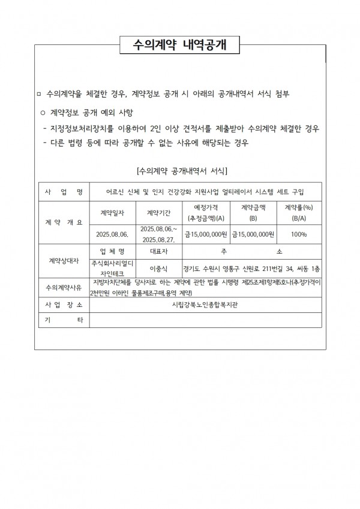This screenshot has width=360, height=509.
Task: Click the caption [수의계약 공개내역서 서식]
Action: pos(182,171)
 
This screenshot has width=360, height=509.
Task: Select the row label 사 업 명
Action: pos(63,192)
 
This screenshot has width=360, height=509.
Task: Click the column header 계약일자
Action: pos(113,212)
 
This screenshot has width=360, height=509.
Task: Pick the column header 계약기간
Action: pos(159,212)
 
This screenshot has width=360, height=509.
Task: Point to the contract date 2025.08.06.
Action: pos(113,233)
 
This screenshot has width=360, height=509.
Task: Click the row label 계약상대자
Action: pos(63,261)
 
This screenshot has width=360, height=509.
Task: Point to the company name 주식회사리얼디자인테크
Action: pos(113,267)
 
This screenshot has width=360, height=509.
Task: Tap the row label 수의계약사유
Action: pos(63,287)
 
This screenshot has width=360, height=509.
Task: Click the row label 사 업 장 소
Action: pos(63,305)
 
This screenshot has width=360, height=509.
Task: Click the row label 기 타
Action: pos(63,320)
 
